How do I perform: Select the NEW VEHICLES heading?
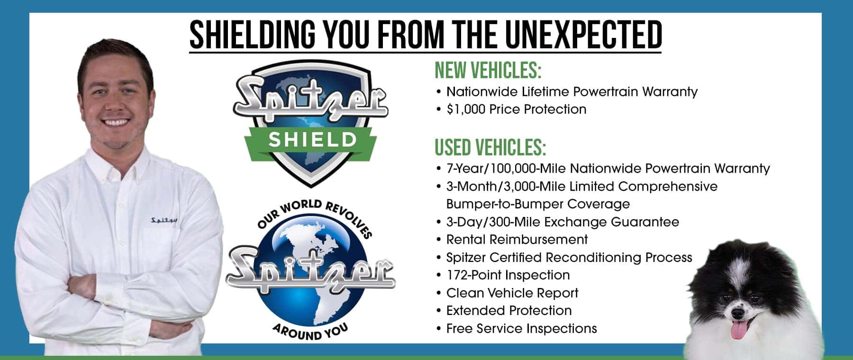point(488,71)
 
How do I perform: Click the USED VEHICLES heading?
point(490,147)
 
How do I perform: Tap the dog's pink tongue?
point(738,330)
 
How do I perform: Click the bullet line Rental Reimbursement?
point(517,239)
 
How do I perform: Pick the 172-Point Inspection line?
point(508,275)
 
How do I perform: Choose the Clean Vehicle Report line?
point(512,293)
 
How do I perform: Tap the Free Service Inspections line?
point(521,328)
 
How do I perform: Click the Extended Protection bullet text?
point(509,310)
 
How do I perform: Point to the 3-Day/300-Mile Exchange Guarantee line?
point(563,222)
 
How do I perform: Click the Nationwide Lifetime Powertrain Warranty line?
point(572,91)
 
